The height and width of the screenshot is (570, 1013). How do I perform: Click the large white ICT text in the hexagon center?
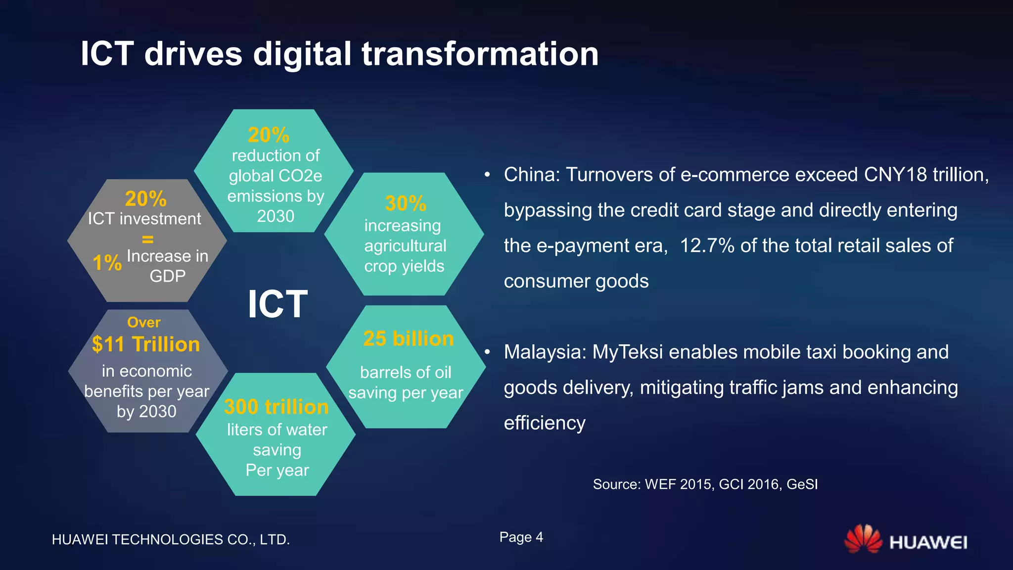click(277, 304)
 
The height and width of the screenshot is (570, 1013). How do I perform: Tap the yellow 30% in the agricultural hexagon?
click(405, 203)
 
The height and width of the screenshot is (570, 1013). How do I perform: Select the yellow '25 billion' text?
click(408, 339)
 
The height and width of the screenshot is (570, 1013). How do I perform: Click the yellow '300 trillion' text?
click(276, 407)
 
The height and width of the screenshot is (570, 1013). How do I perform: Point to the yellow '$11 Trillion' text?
click(146, 344)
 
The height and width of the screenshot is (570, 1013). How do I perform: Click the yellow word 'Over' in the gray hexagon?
click(143, 323)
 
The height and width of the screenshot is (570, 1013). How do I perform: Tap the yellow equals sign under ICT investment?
click(147, 239)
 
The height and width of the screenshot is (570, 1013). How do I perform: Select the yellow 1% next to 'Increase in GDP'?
click(107, 262)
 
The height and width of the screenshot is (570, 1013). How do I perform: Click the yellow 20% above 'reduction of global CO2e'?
click(268, 135)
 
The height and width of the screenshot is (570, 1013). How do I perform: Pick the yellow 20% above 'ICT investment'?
click(145, 198)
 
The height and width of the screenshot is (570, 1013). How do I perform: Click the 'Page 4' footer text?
click(521, 537)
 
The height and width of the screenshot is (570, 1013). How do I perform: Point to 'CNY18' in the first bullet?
click(895, 175)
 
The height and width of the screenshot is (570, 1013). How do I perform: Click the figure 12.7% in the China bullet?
click(707, 245)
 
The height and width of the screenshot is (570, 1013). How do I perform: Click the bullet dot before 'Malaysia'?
click(487, 352)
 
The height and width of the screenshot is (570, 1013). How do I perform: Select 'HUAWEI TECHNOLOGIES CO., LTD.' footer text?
click(171, 539)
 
